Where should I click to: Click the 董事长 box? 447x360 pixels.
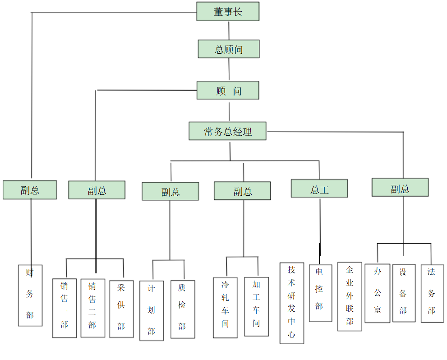tap(228, 11)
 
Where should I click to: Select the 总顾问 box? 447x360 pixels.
tap(229, 49)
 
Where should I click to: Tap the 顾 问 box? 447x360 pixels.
tap(228, 90)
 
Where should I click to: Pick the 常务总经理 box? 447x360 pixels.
tap(227, 131)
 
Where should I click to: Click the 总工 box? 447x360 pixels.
tap(319, 189)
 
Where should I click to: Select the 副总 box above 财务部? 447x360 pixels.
tap(30, 190)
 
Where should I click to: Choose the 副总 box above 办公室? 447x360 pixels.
tap(400, 188)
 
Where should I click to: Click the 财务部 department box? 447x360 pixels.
tap(30, 295)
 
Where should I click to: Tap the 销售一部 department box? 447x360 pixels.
tap(65, 308)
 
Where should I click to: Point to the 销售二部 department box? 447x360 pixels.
tap(93, 308)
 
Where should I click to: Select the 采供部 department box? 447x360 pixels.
tap(121, 309)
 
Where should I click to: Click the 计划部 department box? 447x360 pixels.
tap(152, 310)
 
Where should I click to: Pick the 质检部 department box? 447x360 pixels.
tap(182, 309)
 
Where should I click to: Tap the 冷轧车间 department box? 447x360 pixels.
tap(225, 307)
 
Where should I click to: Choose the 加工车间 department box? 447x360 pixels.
tap(256, 306)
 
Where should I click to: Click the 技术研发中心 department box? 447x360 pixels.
tap(292, 303)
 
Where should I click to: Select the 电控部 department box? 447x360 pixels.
tap(320, 293)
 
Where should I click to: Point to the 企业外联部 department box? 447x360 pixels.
tap(350, 296)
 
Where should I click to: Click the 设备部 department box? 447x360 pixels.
tap(404, 293)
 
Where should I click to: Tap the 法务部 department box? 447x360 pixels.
tap(432, 293)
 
